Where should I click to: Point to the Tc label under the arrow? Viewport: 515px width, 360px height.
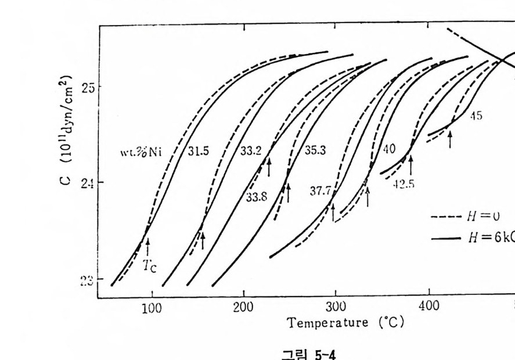[150, 267]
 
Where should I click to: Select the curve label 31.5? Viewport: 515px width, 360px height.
[198, 150]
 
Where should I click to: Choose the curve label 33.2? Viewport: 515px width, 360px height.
[250, 150]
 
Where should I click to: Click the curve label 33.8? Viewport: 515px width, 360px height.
[256, 197]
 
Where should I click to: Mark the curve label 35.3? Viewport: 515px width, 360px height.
[315, 150]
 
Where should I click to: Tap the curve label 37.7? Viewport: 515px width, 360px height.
[320, 190]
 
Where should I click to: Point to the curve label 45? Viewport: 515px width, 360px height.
[476, 116]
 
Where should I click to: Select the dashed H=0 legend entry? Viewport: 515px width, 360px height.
[465, 217]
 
